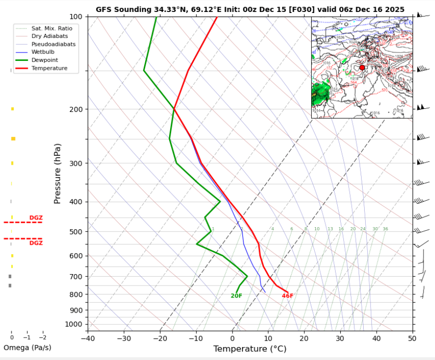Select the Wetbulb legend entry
pos(42,52)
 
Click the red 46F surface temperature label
pos(288,296)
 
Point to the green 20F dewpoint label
pos(236,296)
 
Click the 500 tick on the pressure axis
pos(76,232)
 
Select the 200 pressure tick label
pos(76,109)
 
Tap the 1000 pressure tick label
pos(74,325)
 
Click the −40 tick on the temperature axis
pos(88,338)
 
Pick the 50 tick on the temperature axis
pos(413,338)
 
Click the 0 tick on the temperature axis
pos(232,338)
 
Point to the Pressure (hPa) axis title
pos(57,173)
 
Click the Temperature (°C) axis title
pos(250,349)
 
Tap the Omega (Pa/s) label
pos(27,348)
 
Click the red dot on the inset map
pos(362,67)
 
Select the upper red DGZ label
pos(36,218)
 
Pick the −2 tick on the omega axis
pos(42,338)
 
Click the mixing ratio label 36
pos(385,229)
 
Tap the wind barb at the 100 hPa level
pos(422,16)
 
